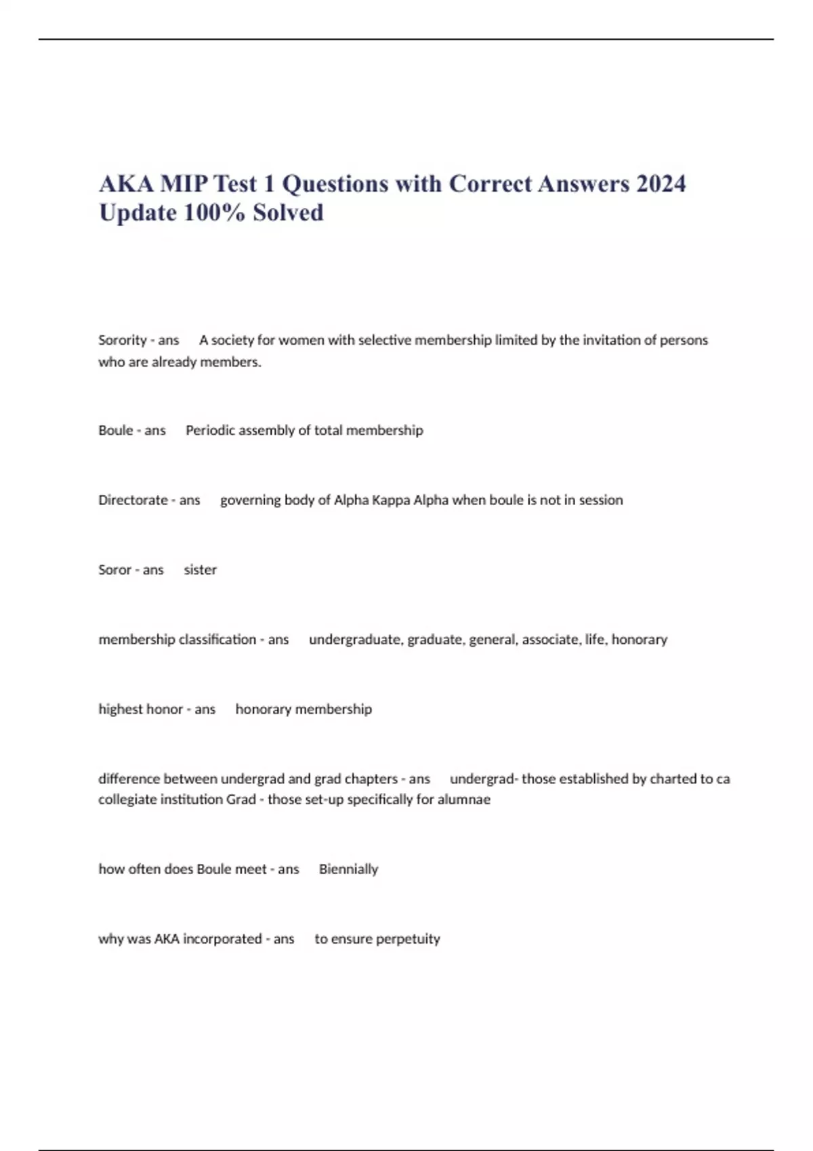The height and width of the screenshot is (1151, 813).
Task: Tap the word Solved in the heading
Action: [288, 213]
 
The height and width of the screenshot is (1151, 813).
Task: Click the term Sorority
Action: [123, 340]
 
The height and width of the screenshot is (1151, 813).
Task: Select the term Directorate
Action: [133, 500]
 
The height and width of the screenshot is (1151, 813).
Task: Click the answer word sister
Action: [201, 570]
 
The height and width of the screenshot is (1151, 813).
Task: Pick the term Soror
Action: [114, 570]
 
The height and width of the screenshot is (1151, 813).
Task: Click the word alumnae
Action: [463, 800]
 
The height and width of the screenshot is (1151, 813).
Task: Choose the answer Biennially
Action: [348, 869]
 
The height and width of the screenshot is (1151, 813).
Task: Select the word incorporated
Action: [222, 939]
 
